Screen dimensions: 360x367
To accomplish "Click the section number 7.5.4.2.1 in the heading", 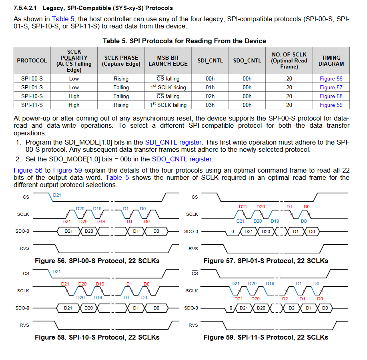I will pyautogui.click(x=26, y=8).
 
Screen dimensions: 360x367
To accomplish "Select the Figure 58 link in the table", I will pyautogui.click(x=331, y=96).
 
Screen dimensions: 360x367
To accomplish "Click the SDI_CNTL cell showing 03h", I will pyautogui.click(x=210, y=105).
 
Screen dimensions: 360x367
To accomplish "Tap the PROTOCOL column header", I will pyautogui.click(x=32, y=60).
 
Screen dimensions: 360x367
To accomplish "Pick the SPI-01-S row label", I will pyautogui.click(x=32, y=87).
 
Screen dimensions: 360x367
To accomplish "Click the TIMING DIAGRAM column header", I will pyautogui.click(x=331, y=60).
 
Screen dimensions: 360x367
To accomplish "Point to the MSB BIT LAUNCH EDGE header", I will pyautogui.click(x=168, y=60).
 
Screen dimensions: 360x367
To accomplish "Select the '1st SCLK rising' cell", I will pyautogui.click(x=168, y=87).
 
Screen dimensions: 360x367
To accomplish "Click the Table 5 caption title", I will pyautogui.click(x=184, y=41).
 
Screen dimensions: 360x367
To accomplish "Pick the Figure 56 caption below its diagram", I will pyautogui.click(x=97, y=261).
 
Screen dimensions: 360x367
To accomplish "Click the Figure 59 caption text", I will pyautogui.click(x=266, y=337).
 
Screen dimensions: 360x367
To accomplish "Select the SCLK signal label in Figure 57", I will pyautogui.click(x=192, y=214).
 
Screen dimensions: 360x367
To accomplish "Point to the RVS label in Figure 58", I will pyautogui.click(x=24, y=325).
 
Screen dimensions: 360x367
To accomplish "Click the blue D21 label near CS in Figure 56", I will pyautogui.click(x=57, y=195).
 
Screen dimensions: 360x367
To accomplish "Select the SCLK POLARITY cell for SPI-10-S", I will pyautogui.click(x=74, y=96).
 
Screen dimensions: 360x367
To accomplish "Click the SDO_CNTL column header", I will pyautogui.click(x=247, y=60).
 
